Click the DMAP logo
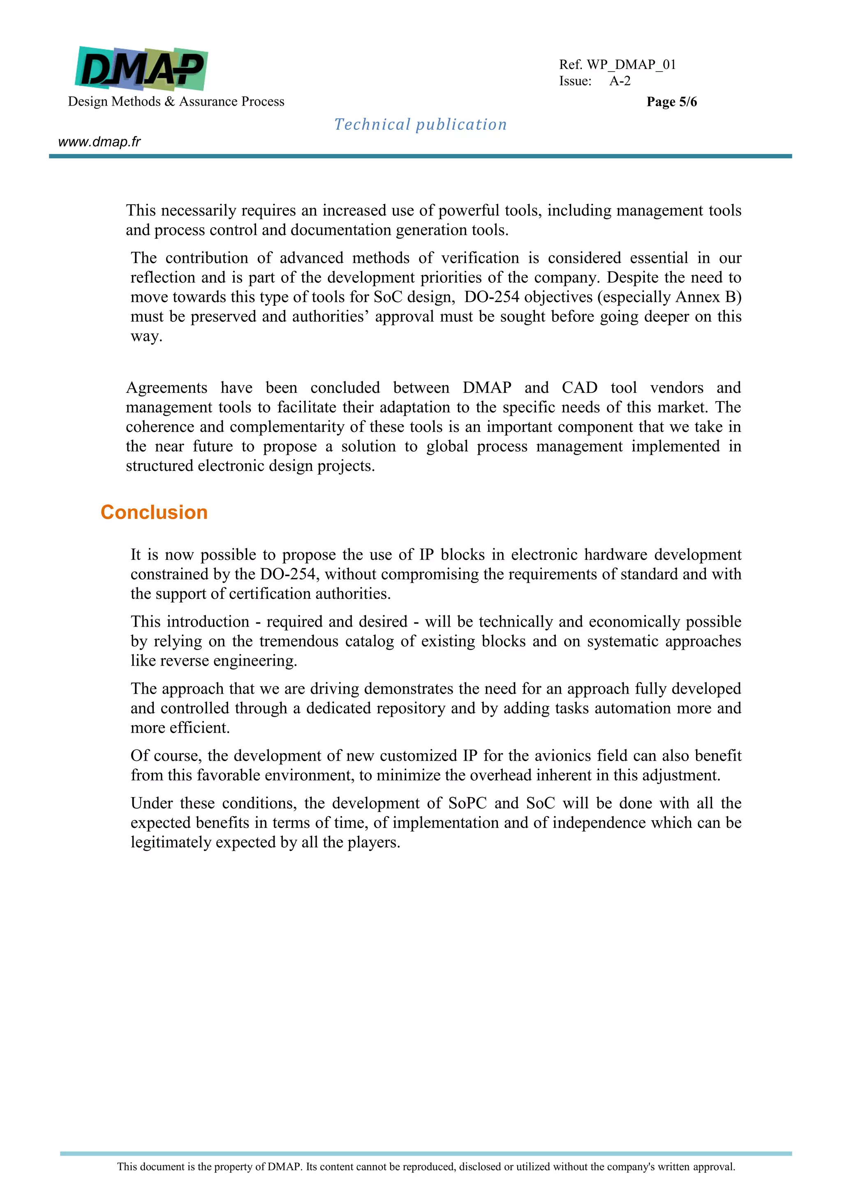pos(141,68)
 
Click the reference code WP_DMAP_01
pos(631,65)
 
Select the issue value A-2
pos(620,81)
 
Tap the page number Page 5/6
pos(671,101)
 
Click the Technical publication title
pos(420,125)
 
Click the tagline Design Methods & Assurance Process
pos(176,101)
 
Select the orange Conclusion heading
pos(154,512)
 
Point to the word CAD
pos(579,387)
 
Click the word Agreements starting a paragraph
pos(167,387)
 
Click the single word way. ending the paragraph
pos(146,337)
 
